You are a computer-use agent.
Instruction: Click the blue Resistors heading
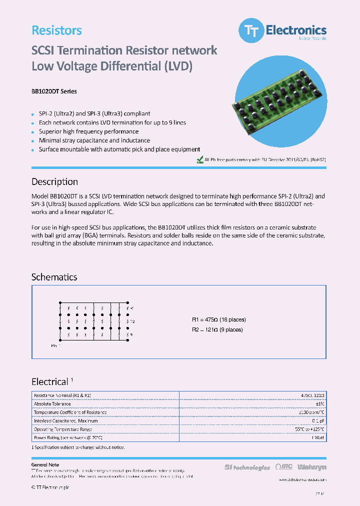coord(56,30)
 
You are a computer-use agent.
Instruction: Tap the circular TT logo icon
coord(249,31)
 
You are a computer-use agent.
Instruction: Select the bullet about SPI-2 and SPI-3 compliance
coord(94,113)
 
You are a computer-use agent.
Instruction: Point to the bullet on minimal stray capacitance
coord(94,140)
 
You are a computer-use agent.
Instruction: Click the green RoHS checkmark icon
coord(200,160)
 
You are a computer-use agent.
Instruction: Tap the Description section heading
coord(54,182)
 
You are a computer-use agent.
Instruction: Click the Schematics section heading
coord(54,277)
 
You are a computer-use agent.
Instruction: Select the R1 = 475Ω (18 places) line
coord(219,320)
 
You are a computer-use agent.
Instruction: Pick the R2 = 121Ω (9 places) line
coord(217,329)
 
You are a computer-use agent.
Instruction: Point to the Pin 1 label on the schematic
coord(55,345)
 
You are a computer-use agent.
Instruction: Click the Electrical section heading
coord(49,382)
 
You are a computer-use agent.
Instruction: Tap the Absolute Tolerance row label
coord(53,404)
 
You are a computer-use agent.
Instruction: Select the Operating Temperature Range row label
coord(62,429)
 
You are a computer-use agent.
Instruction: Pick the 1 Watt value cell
coord(318,437)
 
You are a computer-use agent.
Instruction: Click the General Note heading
coord(45,464)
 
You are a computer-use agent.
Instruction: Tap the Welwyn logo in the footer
coord(312,467)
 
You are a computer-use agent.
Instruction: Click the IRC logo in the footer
coord(284,467)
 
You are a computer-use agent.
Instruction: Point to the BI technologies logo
coord(247,467)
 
